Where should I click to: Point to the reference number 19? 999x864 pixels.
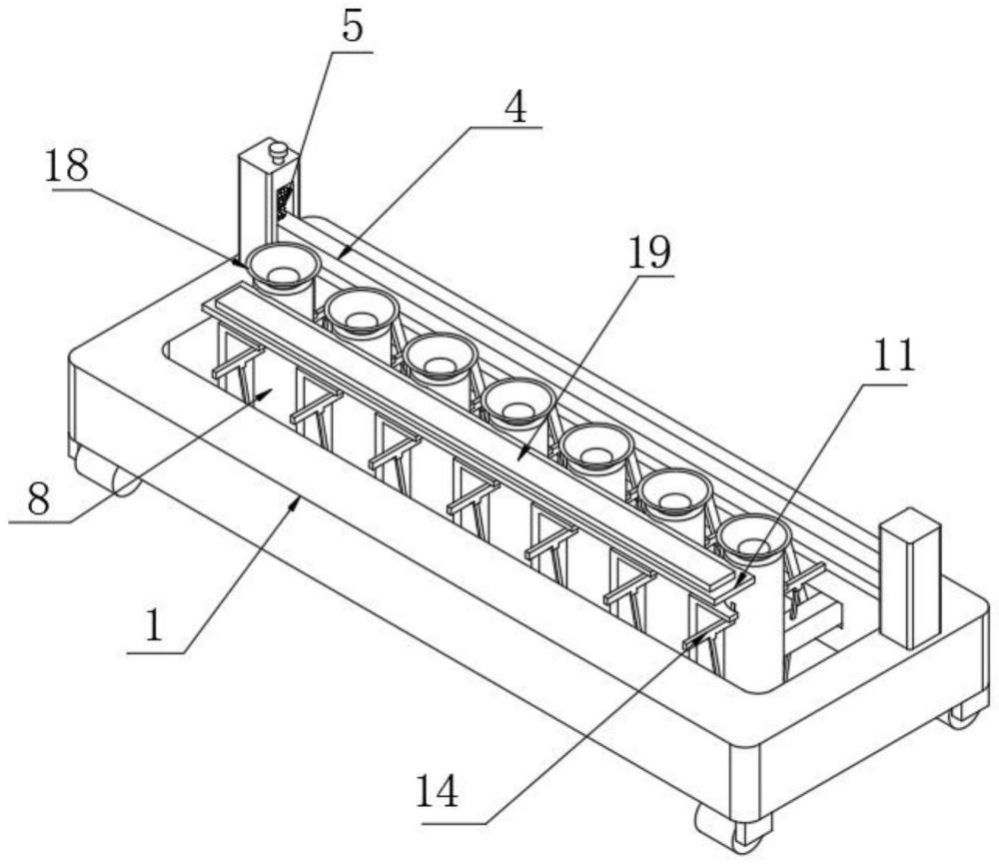pyautogui.click(x=649, y=254)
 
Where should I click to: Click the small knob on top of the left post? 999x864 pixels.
pyautogui.click(x=279, y=152)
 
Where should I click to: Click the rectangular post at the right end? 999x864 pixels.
pyautogui.click(x=910, y=576)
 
